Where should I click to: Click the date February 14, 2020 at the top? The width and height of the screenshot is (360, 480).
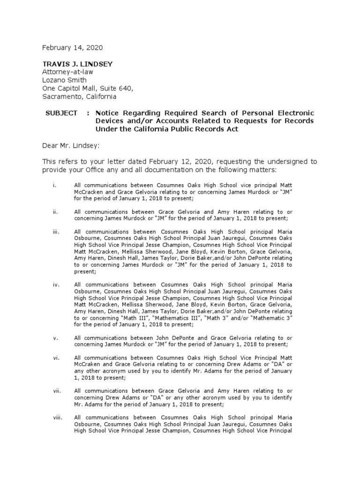[72, 48]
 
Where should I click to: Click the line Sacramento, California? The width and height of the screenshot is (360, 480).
[79, 97]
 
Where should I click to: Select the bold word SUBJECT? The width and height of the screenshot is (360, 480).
[61, 113]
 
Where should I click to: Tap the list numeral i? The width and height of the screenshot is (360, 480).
[54, 186]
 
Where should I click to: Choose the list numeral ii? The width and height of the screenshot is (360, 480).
[55, 212]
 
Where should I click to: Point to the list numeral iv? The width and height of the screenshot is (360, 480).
[56, 285]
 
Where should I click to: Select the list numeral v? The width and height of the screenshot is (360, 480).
[55, 337]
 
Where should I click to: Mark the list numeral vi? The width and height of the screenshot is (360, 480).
[56, 358]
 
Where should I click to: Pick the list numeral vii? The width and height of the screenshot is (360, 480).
[56, 390]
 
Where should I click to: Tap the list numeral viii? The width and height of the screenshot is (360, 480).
[57, 417]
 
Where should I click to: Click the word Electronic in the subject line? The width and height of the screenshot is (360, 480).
[293, 113]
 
